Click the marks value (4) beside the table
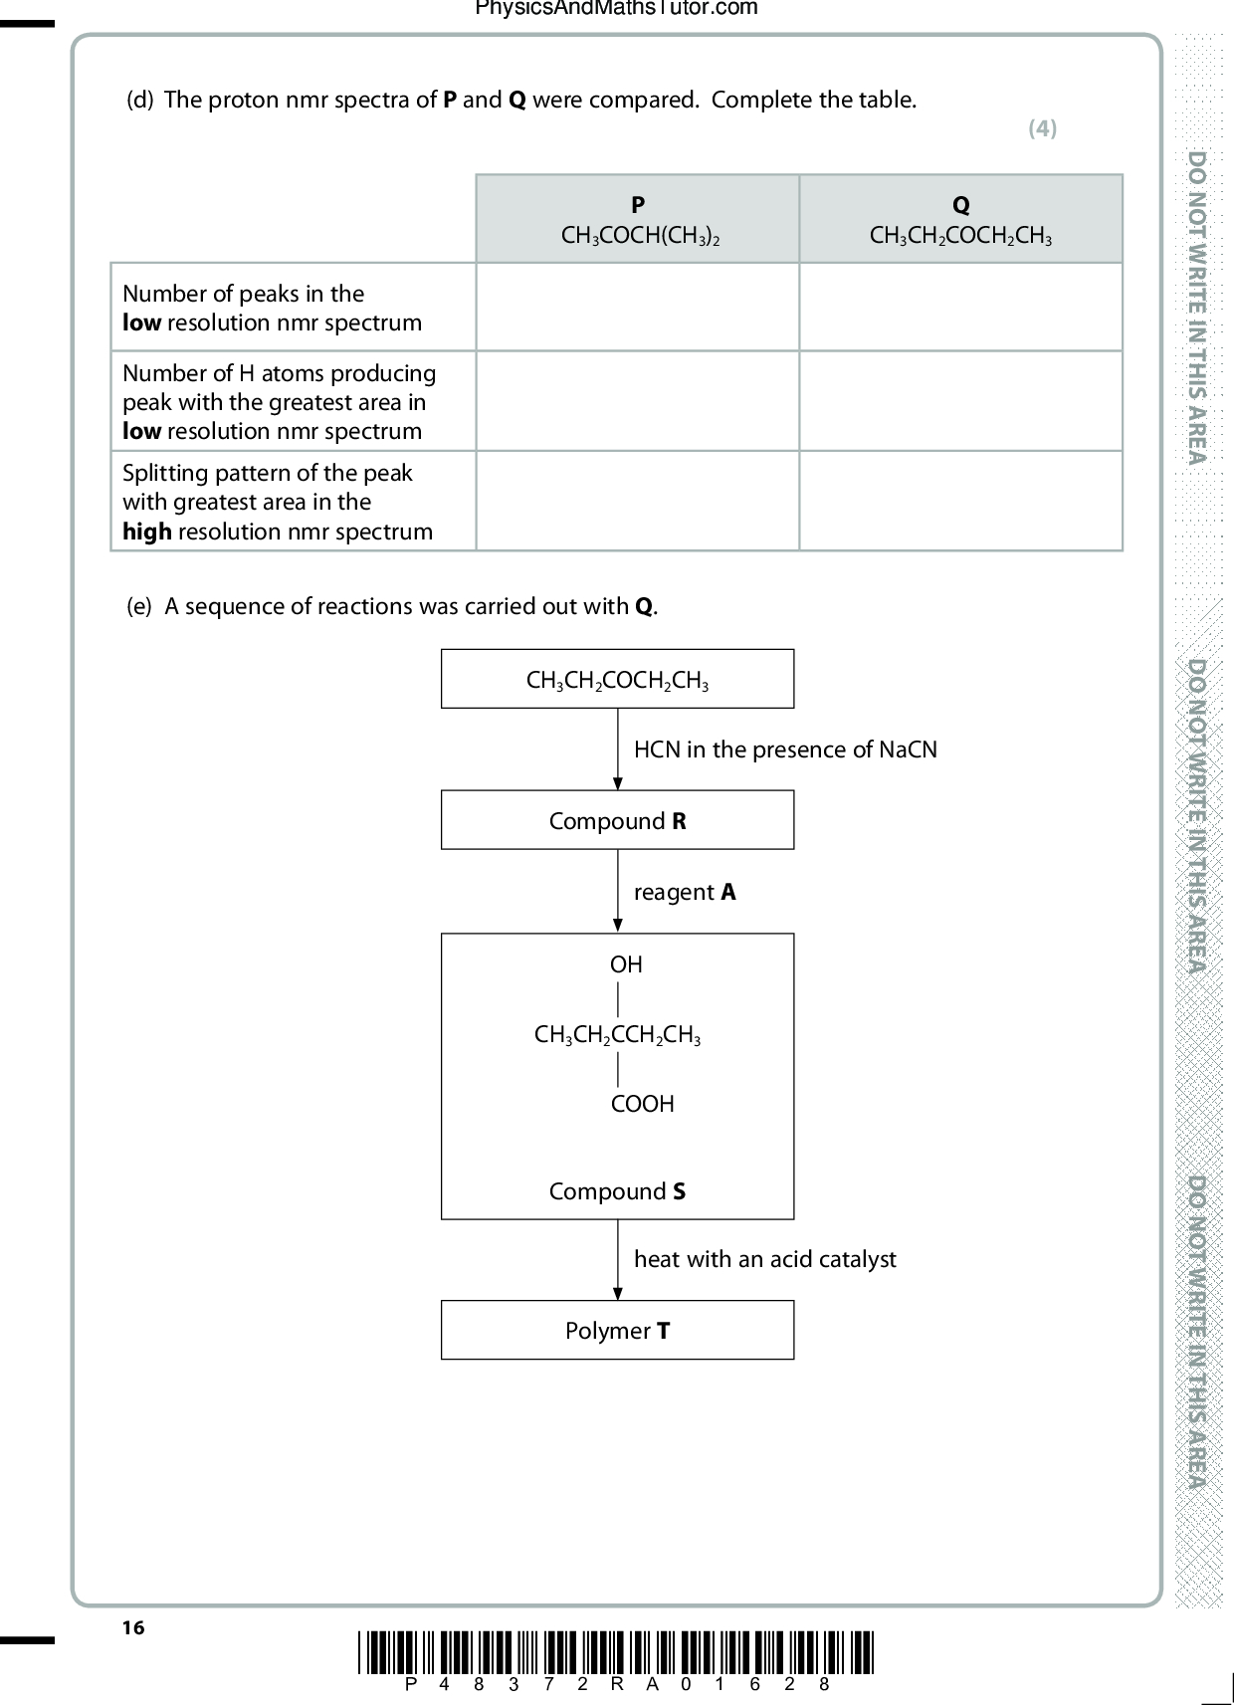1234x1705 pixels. click(x=1042, y=127)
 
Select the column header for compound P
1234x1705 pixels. click(x=638, y=219)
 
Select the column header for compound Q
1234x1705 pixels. click(x=960, y=219)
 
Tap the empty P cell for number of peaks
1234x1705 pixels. click(x=638, y=307)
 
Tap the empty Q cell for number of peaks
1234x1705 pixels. click(x=960, y=307)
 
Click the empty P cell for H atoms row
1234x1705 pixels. click(x=638, y=401)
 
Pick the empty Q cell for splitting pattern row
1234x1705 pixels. click(x=960, y=501)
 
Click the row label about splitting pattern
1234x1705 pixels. click(x=277, y=502)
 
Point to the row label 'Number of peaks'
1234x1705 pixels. click(x=272, y=308)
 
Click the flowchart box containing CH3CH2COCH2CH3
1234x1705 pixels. click(x=617, y=679)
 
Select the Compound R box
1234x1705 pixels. click(x=617, y=820)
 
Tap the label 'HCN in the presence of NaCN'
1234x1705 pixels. click(x=785, y=749)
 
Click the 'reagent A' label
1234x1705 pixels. click(x=685, y=892)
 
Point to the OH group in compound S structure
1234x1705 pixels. click(x=626, y=964)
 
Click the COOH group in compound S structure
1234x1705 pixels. click(x=642, y=1104)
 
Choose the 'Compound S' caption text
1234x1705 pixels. click(x=617, y=1191)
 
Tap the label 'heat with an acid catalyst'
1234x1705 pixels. click(x=765, y=1259)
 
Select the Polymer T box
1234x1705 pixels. click(x=617, y=1330)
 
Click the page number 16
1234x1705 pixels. click(x=133, y=1627)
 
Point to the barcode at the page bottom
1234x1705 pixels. click(x=616, y=1652)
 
